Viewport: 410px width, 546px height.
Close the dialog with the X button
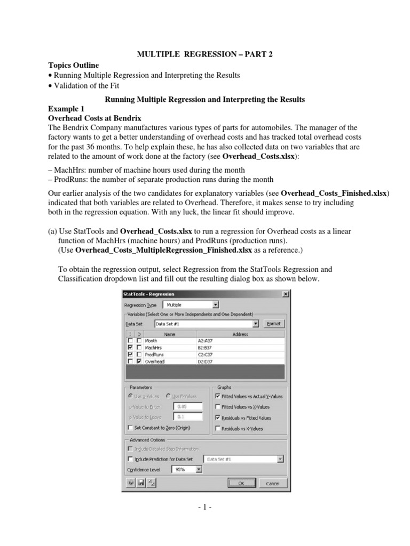click(286, 294)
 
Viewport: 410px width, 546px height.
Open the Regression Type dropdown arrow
click(215, 305)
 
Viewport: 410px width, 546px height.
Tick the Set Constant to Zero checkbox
click(131, 428)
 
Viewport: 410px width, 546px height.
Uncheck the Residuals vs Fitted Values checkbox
click(217, 417)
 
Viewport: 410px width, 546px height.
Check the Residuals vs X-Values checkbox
click(217, 428)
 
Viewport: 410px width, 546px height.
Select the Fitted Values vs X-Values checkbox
click(217, 407)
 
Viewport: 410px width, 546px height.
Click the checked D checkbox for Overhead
click(139, 361)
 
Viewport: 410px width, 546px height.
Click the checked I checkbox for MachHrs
click(129, 347)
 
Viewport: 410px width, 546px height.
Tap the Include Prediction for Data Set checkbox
click(131, 459)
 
